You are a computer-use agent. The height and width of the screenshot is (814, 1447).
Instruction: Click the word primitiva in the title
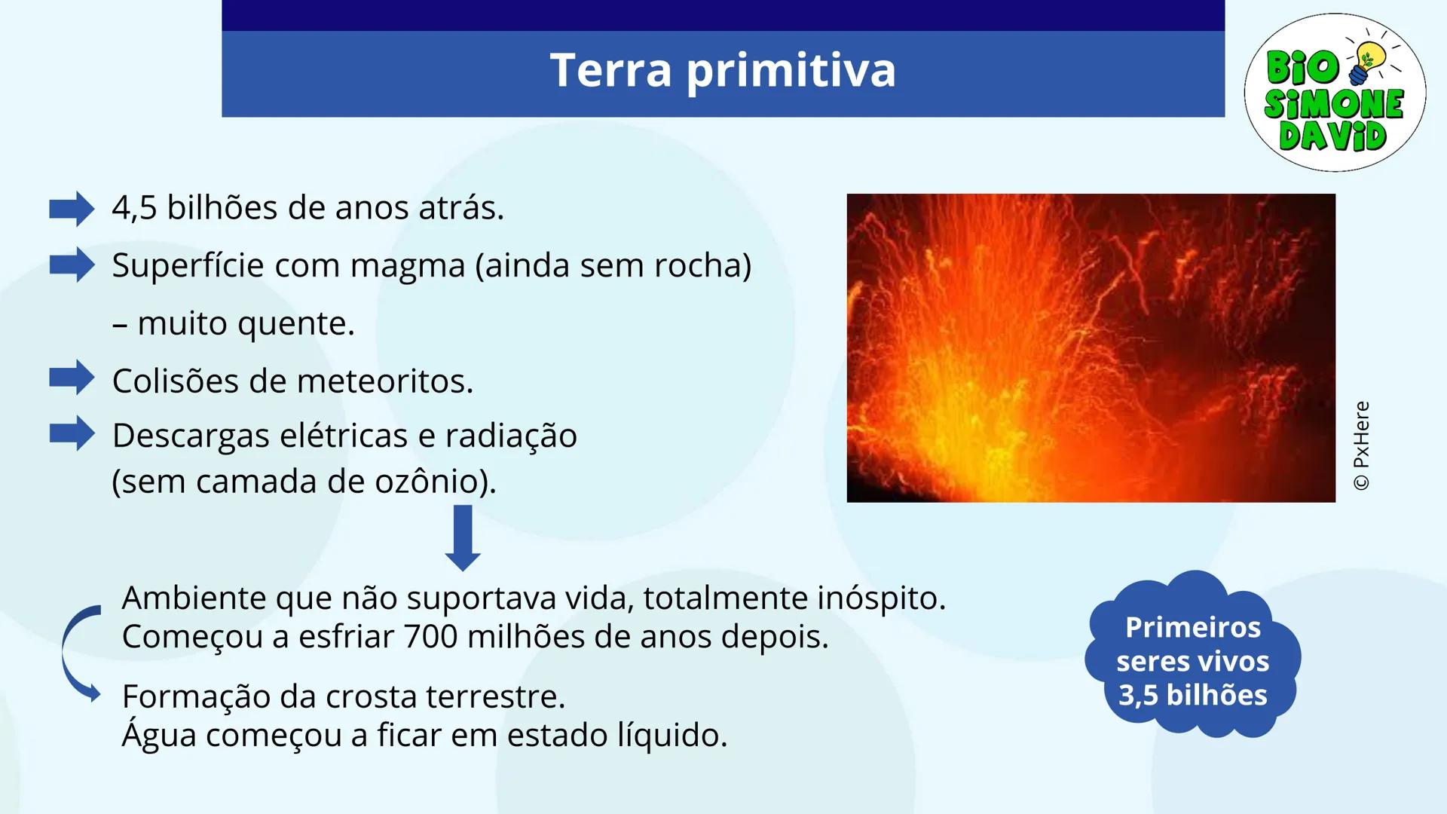click(791, 71)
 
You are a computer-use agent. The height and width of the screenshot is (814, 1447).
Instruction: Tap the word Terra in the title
click(610, 70)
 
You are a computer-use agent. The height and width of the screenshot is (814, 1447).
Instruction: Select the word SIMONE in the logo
click(1334, 104)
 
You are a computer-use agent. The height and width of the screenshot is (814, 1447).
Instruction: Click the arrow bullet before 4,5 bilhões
click(72, 209)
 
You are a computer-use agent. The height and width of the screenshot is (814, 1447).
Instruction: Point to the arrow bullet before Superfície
click(72, 265)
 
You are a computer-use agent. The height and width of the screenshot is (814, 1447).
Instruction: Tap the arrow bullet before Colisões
click(72, 377)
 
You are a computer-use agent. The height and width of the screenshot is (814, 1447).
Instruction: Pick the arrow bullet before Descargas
click(72, 433)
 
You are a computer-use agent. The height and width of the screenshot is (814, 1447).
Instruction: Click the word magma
click(407, 266)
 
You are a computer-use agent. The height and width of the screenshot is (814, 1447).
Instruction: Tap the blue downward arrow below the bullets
click(463, 537)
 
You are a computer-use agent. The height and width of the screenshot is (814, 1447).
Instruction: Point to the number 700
click(430, 637)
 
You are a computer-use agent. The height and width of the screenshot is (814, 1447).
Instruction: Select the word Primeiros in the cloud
click(1192, 627)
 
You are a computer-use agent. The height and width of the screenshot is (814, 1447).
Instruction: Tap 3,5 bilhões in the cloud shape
click(1192, 695)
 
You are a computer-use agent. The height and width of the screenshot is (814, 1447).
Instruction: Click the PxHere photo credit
click(1361, 445)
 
